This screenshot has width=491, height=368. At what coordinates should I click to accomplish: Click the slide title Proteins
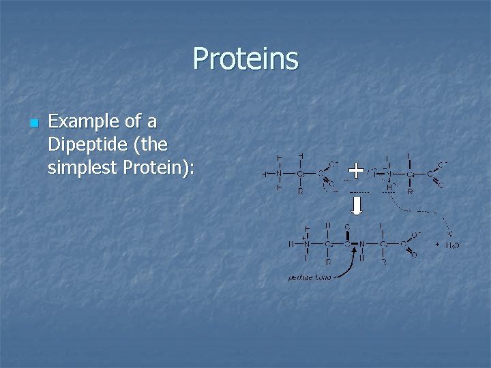point(245,59)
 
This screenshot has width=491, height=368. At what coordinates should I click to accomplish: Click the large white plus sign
point(355,168)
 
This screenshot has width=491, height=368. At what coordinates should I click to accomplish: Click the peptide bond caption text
point(310,277)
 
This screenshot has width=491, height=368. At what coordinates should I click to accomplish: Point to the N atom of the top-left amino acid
point(279,174)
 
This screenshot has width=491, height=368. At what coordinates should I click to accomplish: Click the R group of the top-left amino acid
point(301,191)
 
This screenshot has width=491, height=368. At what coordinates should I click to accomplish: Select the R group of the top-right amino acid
point(411,192)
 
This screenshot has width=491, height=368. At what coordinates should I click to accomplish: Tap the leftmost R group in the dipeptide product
point(328,262)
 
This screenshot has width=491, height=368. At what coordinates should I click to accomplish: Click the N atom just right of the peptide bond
point(362,243)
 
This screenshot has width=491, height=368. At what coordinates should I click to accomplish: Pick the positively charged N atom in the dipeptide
point(306,243)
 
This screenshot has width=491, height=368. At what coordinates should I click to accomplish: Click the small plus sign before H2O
point(437,244)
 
